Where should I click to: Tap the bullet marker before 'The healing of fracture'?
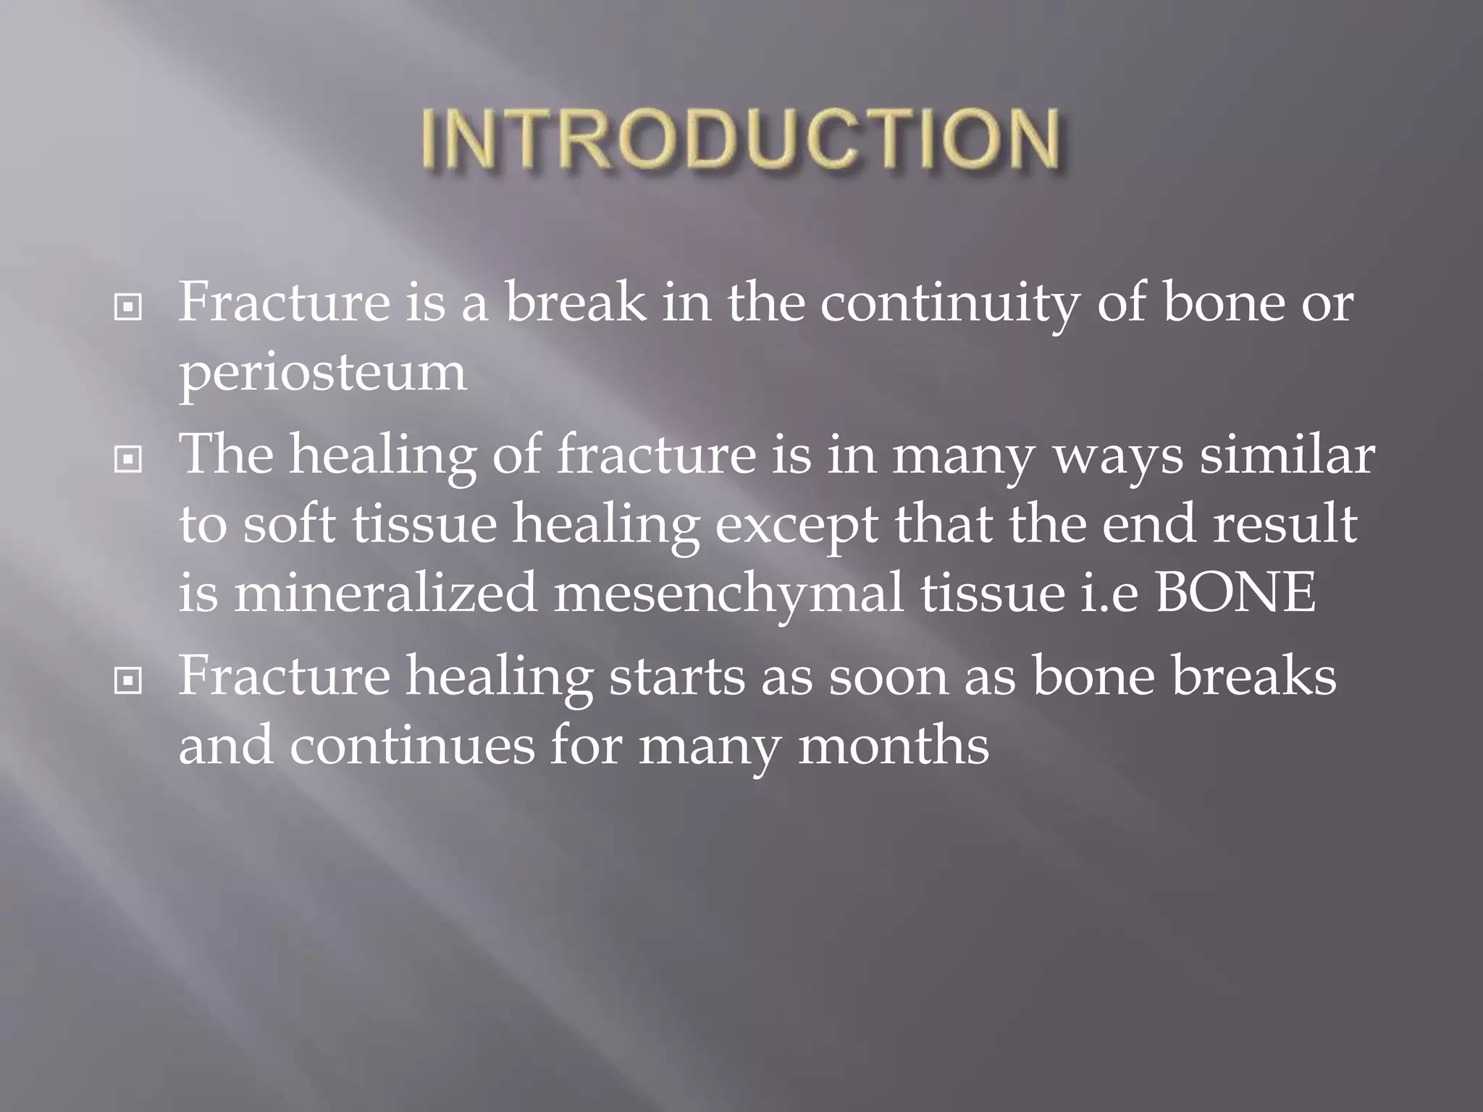pos(128,459)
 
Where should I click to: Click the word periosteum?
pos(323,374)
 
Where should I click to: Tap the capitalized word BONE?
pos(1235,593)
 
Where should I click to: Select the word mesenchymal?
pos(728,593)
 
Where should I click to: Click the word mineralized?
pos(385,593)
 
